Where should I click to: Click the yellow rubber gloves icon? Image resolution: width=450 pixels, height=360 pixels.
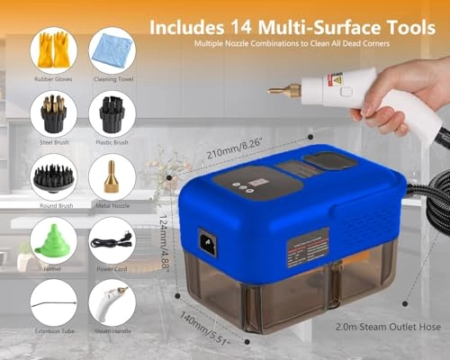point(52,50)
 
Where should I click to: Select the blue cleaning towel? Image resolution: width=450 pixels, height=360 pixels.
point(112,50)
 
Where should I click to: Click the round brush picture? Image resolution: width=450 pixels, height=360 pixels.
point(52,175)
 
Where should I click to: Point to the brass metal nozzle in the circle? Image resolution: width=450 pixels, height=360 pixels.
point(112,175)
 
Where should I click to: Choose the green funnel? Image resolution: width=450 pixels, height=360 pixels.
point(52,240)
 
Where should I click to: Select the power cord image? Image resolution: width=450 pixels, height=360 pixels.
point(112,240)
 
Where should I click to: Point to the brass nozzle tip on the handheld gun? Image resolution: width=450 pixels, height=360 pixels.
point(279,90)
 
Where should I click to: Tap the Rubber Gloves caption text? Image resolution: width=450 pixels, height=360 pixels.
point(52,78)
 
